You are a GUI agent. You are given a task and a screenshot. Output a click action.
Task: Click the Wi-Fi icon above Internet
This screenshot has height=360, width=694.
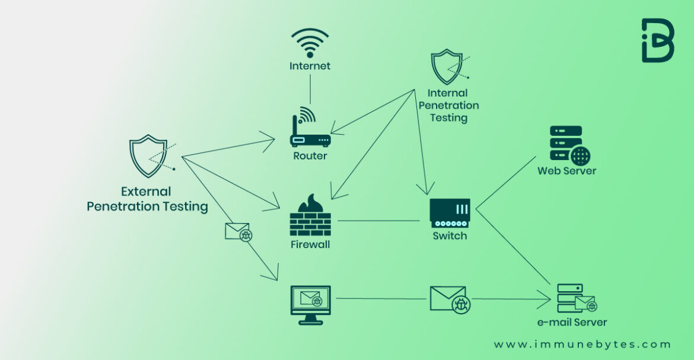click(310, 43)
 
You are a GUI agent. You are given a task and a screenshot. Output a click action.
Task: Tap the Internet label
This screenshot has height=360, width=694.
click(310, 66)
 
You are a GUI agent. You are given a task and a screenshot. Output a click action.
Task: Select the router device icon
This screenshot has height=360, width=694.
click(310, 132)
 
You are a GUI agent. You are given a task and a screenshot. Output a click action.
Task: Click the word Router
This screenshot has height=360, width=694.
click(310, 156)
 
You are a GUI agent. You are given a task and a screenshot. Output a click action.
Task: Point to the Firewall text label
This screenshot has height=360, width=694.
click(310, 244)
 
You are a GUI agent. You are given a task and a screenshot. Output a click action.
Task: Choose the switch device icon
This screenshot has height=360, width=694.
click(450, 213)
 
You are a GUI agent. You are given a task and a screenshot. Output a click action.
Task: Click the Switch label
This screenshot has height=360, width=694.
click(450, 236)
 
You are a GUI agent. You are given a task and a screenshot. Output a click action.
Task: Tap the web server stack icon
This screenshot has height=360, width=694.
click(568, 145)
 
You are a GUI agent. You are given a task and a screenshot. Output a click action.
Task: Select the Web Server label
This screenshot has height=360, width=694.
click(566, 171)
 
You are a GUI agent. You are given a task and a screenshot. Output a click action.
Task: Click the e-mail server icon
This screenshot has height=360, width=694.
click(574, 298)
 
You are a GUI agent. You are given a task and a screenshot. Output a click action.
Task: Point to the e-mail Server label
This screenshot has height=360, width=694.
click(572, 323)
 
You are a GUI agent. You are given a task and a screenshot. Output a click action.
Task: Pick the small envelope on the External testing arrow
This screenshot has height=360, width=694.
click(238, 232)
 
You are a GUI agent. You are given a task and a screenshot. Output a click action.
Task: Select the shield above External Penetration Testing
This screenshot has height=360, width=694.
click(148, 155)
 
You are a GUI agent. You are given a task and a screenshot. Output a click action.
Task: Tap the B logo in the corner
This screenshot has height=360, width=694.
click(657, 40)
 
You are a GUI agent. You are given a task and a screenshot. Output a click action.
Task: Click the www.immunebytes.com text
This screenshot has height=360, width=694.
click(582, 344)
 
